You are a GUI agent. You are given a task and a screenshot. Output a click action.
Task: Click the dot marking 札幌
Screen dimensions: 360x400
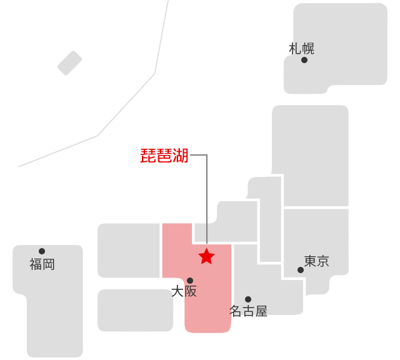(304, 60)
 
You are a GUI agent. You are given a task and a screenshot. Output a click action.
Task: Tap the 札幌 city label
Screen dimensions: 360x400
(302, 49)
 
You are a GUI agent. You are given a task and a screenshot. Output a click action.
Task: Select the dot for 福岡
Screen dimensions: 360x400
(42, 251)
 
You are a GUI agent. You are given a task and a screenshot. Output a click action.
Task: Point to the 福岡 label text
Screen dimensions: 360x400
(42, 264)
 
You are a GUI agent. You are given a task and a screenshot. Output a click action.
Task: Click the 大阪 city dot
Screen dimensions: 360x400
(190, 281)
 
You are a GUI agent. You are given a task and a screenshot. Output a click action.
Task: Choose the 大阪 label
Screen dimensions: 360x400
(184, 291)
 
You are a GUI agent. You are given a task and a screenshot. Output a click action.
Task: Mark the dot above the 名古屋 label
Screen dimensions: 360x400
(248, 299)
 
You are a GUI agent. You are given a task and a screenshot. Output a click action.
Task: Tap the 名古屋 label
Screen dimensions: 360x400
(249, 311)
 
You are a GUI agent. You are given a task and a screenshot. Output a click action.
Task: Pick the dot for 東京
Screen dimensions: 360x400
(301, 270)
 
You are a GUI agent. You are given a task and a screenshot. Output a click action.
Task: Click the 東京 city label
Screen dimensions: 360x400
(317, 261)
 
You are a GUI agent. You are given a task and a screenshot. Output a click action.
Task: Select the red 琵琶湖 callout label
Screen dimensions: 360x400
(164, 156)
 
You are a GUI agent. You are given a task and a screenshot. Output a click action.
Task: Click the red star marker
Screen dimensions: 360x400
(206, 256)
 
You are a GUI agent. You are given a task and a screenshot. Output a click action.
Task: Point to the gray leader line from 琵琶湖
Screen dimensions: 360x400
(206, 187)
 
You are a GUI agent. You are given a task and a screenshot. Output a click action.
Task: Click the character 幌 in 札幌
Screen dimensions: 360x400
(308, 49)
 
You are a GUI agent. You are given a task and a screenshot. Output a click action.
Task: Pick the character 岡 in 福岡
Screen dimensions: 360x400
(49, 264)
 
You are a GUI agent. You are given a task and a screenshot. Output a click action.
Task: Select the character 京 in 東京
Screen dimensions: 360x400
(323, 261)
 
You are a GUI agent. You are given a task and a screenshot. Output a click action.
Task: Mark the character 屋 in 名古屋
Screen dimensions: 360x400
(261, 311)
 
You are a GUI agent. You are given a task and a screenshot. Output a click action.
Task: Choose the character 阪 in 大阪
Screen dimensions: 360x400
(191, 291)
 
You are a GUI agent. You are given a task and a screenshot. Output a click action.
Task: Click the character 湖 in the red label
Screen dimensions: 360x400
(181, 156)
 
